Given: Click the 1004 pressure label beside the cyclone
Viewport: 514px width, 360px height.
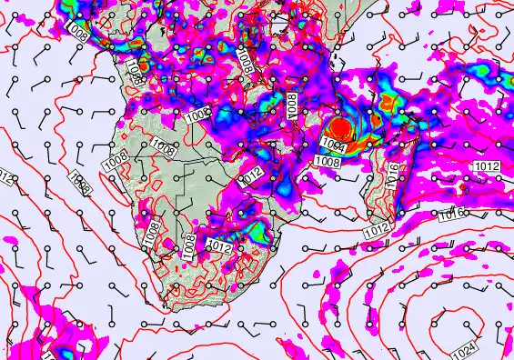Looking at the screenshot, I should [x=333, y=146].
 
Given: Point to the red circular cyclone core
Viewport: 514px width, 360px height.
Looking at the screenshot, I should [x=339, y=128].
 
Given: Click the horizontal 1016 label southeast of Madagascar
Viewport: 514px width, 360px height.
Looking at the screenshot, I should [x=450, y=213].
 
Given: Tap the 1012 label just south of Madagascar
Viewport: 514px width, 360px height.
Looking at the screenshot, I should [x=377, y=232].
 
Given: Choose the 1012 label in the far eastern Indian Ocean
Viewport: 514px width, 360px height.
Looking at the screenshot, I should [x=487, y=166].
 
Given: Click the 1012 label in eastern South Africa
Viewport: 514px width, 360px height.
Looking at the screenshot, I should [x=219, y=245].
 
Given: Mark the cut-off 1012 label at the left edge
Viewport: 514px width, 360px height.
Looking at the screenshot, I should [x=5, y=175].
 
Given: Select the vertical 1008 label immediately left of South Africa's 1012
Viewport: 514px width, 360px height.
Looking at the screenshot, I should [x=189, y=244].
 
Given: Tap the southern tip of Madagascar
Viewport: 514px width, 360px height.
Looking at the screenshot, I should [x=364, y=228].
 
